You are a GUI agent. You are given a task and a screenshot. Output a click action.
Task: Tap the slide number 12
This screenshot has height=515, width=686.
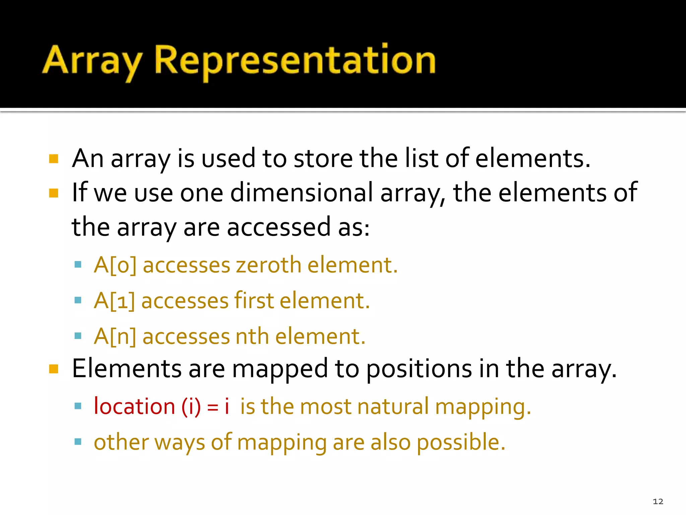658,501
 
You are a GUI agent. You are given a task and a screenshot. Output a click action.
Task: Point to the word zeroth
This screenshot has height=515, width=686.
268,265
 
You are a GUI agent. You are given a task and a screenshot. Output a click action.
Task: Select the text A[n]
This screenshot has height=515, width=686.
115,336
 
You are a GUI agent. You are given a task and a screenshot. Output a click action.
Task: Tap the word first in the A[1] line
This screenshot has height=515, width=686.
254,300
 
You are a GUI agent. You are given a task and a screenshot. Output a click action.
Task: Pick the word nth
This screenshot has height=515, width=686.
252,336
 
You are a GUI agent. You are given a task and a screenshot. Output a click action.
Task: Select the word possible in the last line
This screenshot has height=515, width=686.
461,443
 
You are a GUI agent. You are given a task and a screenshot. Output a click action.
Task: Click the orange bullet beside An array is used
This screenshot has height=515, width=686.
54,159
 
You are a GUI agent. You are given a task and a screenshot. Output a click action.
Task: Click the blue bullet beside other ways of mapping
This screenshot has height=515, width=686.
78,441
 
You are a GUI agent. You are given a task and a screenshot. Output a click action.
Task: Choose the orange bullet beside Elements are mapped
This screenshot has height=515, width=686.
54,369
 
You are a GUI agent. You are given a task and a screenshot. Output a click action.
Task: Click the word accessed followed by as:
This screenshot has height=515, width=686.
279,227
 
